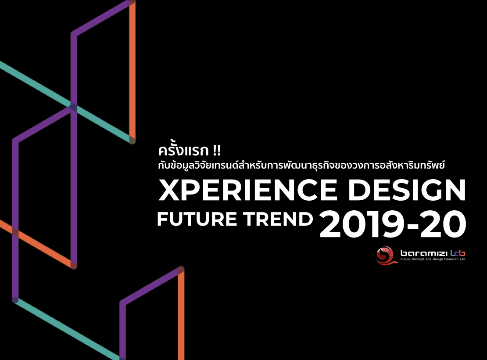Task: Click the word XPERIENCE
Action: (248, 190)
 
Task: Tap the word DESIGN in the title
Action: (407, 190)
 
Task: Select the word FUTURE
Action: (197, 219)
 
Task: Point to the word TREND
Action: (278, 219)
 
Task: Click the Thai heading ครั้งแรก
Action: (183, 150)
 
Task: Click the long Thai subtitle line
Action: (301, 165)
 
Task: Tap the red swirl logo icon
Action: (386, 255)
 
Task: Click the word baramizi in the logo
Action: (424, 253)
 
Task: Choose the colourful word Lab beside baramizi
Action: (458, 253)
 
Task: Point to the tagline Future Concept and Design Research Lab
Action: (433, 259)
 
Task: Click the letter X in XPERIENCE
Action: (170, 190)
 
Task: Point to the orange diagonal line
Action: (37, 244)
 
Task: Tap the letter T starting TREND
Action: (249, 219)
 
